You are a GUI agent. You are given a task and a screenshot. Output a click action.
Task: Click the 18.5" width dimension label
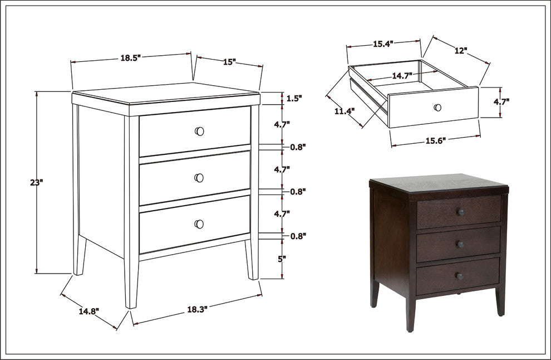tap(130, 58)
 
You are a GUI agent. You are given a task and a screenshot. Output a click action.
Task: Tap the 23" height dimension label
tap(36, 183)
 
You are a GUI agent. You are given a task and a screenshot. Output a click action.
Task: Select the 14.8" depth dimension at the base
tap(88, 311)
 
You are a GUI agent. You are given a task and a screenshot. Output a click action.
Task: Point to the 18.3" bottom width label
tap(197, 309)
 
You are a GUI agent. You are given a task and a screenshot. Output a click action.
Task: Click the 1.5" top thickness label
tap(294, 99)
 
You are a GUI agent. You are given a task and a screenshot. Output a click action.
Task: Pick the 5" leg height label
tap(282, 259)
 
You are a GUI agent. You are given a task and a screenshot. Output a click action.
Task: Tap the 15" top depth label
tap(229, 62)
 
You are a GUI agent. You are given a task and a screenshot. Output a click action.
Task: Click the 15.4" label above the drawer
tap(383, 44)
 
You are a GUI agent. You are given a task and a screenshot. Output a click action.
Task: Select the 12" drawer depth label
tap(461, 51)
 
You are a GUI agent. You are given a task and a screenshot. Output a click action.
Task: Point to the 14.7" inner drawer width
tap(402, 76)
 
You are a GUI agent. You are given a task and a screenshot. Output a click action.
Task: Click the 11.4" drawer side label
tap(345, 111)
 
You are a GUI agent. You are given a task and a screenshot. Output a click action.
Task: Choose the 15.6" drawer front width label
tap(436, 141)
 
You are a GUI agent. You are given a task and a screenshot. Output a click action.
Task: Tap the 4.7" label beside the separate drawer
tap(501, 101)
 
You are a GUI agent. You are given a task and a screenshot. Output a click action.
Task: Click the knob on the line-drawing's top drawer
tap(199, 132)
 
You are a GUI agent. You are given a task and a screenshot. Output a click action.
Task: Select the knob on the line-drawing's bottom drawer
tap(199, 224)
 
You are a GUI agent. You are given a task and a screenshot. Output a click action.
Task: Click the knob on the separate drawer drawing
tap(438, 108)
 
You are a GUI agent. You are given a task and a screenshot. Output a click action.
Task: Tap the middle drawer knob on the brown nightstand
tap(460, 244)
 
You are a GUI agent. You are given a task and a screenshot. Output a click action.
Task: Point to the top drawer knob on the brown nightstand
tap(461, 212)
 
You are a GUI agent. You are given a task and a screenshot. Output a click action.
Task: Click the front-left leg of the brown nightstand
tap(410, 313)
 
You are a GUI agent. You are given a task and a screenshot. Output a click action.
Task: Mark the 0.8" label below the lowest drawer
tap(298, 236)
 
